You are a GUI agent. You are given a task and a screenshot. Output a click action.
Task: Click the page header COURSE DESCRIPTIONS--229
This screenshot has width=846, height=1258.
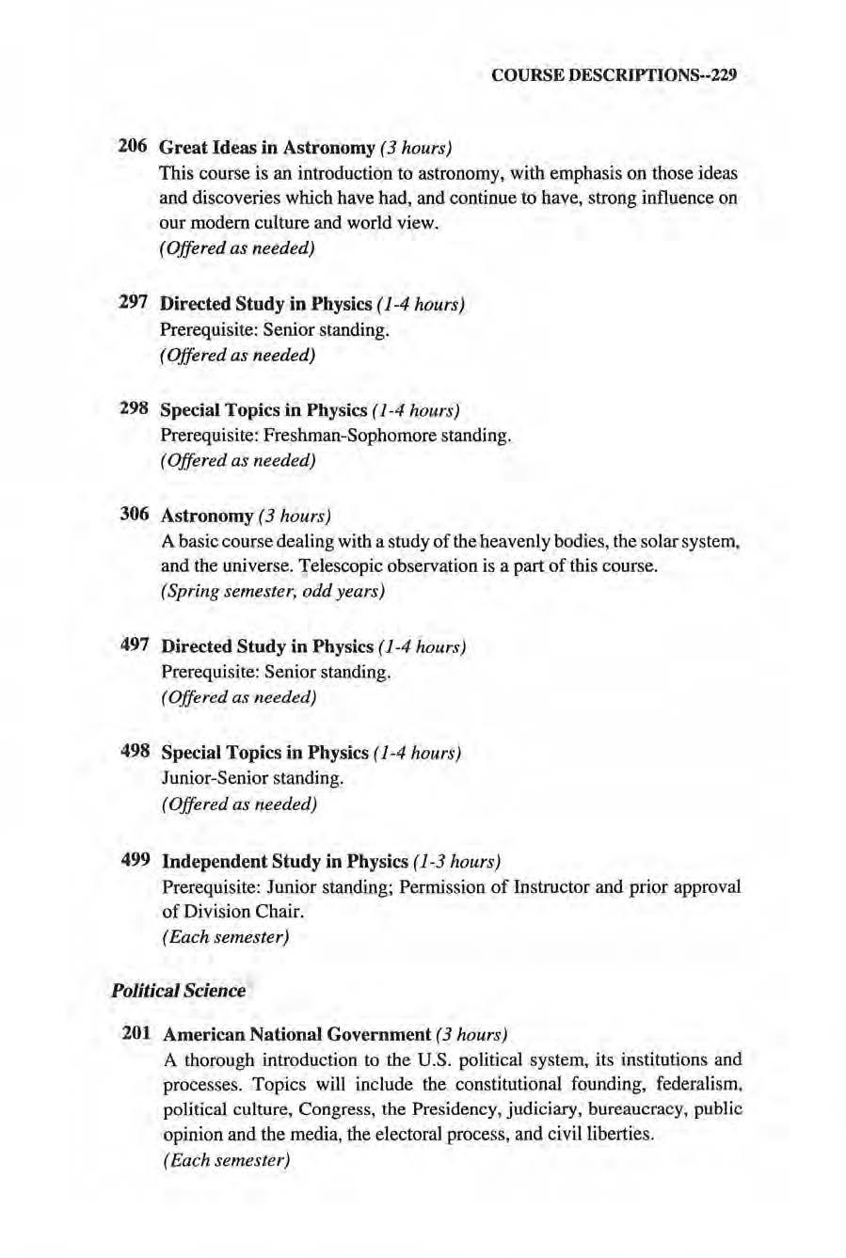pos(613,76)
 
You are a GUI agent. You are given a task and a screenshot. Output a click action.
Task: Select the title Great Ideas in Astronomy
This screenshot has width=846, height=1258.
pos(268,148)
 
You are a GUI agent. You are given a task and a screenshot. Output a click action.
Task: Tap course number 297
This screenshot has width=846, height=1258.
pos(133,304)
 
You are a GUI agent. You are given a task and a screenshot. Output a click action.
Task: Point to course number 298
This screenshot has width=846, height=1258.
pos(134,409)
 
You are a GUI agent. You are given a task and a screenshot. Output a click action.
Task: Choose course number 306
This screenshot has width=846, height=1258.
pos(135,515)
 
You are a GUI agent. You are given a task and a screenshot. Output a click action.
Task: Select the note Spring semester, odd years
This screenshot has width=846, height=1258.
pos(273,592)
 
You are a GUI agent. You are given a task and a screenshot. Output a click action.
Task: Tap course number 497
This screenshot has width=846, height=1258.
pos(136,645)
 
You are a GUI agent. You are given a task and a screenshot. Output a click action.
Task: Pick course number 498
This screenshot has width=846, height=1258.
pos(136,752)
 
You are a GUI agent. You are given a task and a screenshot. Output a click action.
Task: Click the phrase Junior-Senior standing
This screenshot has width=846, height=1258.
pos(253,778)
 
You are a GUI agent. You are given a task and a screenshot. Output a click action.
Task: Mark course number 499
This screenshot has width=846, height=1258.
pos(136,860)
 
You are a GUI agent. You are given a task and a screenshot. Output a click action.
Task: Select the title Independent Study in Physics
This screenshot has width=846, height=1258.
pos(285,861)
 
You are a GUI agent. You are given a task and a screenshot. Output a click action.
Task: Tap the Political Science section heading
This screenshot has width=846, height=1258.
pos(178,990)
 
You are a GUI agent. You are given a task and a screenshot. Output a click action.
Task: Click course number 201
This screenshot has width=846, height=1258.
pos(136,1033)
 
